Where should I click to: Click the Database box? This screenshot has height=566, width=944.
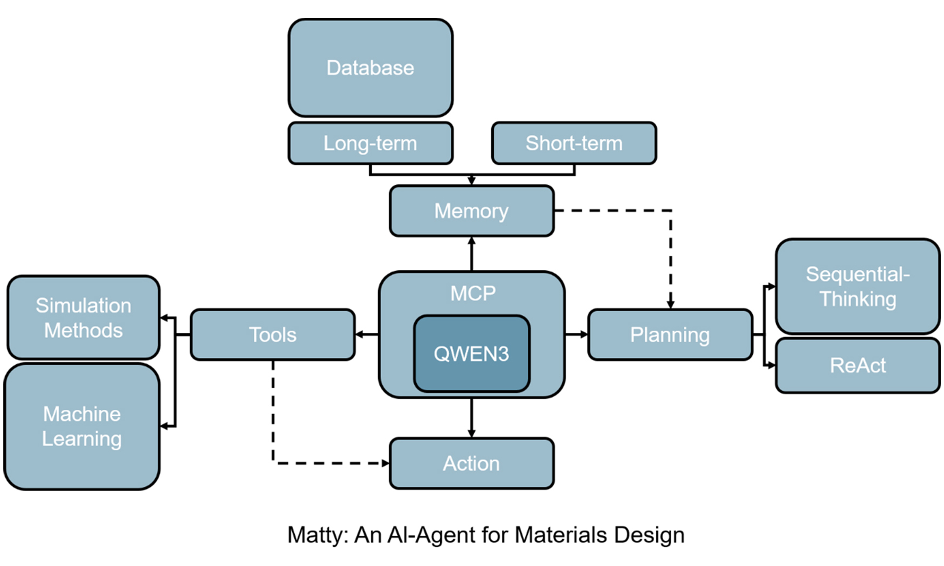pos(370,68)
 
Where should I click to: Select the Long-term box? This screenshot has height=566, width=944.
pos(370,143)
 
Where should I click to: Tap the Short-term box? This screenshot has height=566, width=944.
pos(574,143)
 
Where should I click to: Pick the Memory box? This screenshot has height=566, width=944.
pos(472,211)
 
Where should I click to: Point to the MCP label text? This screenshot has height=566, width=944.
pos(473,293)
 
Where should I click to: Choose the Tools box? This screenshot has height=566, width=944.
pos(273,335)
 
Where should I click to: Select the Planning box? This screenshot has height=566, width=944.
pos(670,335)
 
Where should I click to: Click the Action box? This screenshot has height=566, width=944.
pos(472,464)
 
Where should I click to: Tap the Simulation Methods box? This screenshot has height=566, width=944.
pos(83,317)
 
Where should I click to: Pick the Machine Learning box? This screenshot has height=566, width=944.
pos(81,426)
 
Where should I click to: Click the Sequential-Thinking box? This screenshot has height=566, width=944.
pos(858,286)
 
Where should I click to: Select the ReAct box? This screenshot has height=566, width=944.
pos(858,366)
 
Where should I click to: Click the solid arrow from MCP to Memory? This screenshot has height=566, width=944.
pos(472,254)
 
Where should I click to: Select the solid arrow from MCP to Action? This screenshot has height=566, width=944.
pos(472,418)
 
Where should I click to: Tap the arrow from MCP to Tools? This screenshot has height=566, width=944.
pos(367,335)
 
